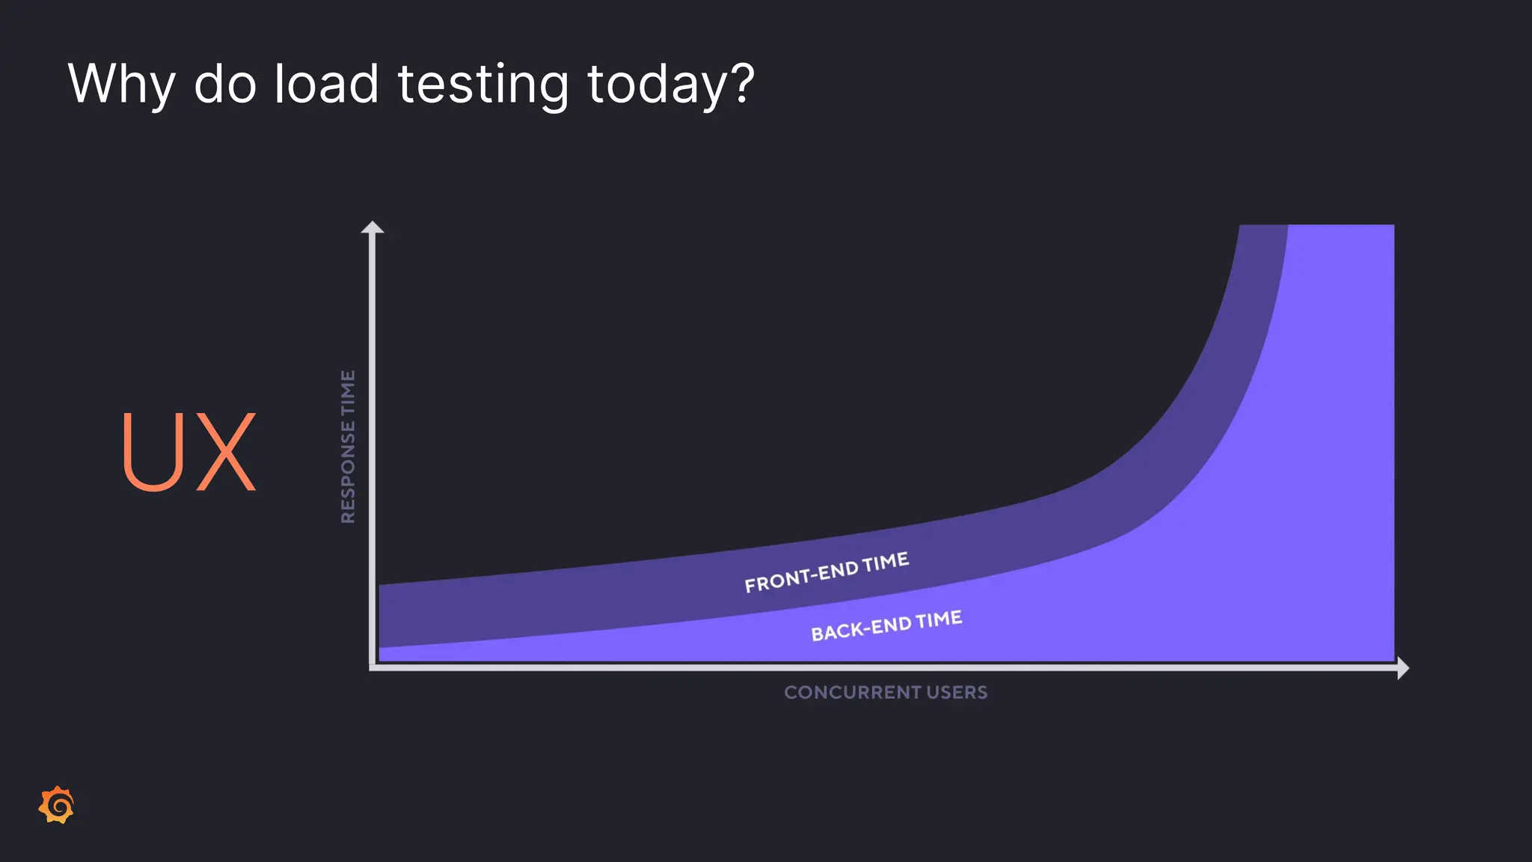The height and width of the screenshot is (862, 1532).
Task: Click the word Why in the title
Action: click(121, 84)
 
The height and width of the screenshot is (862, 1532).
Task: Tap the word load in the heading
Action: click(326, 84)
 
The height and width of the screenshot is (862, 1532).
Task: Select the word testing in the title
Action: click(483, 84)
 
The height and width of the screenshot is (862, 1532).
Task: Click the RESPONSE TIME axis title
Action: click(348, 447)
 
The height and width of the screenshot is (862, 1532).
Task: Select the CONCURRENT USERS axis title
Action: click(886, 692)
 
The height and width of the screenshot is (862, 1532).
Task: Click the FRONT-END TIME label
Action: click(827, 572)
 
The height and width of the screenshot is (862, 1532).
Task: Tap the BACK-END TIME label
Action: click(886, 626)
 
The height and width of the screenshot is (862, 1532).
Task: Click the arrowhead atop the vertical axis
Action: click(373, 228)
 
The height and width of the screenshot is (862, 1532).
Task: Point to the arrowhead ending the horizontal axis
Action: click(1403, 667)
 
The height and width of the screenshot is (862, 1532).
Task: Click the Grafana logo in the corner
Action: click(57, 806)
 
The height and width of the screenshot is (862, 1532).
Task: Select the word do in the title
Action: click(224, 84)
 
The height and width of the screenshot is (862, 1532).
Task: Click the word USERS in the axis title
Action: click(957, 692)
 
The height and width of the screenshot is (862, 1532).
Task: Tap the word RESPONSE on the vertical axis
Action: click(348, 472)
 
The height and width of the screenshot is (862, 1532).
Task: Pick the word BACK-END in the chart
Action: click(861, 629)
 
